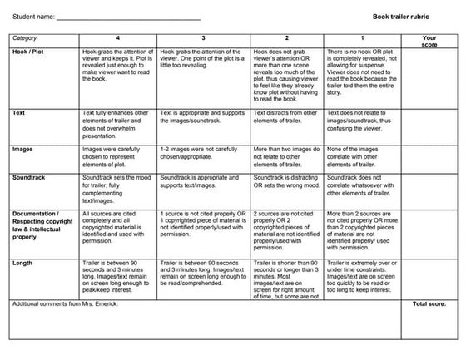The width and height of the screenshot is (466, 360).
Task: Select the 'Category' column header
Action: [26, 37]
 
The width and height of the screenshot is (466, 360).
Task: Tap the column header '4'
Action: [117, 37]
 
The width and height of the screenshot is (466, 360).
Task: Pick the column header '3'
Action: [203, 37]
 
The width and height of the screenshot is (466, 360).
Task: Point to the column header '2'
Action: [287, 37]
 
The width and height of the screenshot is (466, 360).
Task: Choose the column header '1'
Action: [362, 37]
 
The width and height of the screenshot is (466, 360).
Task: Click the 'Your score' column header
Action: [429, 41]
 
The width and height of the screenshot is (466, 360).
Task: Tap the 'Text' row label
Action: [20, 112]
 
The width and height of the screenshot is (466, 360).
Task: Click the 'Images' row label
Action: [23, 150]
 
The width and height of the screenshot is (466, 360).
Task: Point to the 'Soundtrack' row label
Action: [30, 178]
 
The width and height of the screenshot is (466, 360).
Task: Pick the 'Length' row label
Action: [24, 263]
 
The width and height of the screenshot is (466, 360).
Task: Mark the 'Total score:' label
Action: [430, 304]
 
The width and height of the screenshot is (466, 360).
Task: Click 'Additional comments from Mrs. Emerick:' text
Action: [67, 304]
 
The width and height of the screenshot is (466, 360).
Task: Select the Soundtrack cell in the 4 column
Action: [117, 188]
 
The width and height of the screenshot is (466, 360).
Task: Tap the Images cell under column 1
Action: [362, 156]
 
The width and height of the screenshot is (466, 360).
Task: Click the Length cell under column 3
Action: [203, 273]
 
